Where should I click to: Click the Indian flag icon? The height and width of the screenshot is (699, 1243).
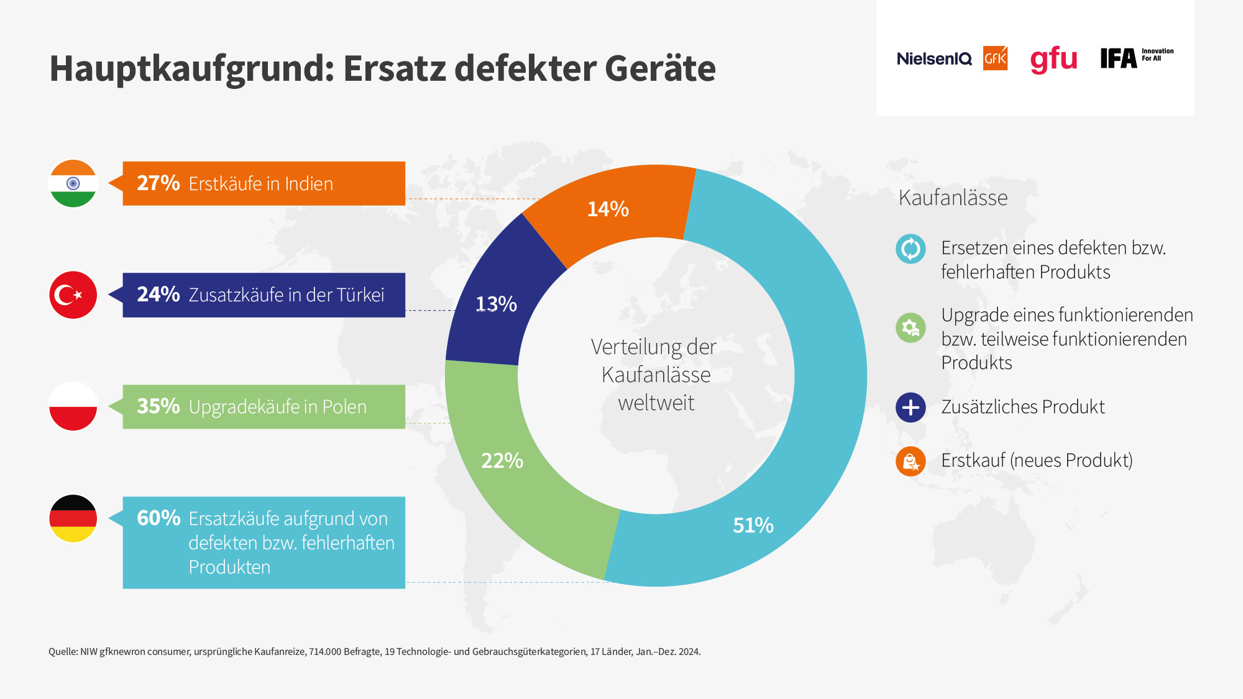point(73,183)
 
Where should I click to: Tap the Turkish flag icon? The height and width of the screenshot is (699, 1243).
point(73,295)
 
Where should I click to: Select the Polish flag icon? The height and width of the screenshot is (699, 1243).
point(73,406)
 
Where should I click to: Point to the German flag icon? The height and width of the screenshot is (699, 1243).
point(73,518)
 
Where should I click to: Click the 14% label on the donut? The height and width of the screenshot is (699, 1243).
point(608,209)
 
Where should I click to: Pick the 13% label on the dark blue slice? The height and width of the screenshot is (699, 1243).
point(496,304)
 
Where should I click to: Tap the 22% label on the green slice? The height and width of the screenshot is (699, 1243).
point(502,460)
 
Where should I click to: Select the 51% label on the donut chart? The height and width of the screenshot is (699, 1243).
point(753,525)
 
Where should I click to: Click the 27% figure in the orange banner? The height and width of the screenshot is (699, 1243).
point(158,183)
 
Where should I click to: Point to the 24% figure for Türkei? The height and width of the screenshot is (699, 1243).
point(158,295)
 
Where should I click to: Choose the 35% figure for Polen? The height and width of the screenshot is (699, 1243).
point(158,406)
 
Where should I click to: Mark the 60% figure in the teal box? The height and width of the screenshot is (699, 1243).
point(158,518)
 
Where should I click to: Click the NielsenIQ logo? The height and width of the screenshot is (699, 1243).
point(934,59)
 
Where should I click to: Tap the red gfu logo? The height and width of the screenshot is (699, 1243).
point(1053,60)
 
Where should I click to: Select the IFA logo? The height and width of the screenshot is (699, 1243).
point(1137,58)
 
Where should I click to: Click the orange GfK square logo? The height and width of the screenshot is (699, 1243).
point(995,58)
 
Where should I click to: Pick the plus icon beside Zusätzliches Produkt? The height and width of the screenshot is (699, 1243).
point(910,408)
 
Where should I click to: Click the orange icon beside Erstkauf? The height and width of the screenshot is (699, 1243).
point(910,461)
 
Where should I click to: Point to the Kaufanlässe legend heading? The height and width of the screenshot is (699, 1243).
point(953,198)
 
